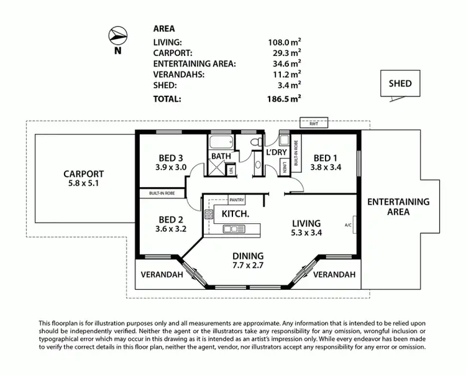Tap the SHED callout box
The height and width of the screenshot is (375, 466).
400,83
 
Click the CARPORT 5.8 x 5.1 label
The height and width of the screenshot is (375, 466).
83,179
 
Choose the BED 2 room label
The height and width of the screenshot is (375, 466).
171,224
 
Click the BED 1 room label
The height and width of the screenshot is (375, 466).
326,162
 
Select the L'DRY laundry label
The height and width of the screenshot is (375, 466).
275,153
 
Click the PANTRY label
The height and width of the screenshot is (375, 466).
237,200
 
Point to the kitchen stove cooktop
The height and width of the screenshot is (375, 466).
209,215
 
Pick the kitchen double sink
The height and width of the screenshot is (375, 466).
234,229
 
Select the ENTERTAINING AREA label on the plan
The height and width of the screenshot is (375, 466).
398,206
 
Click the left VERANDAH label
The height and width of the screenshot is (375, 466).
157,274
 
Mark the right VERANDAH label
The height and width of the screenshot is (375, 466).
334,274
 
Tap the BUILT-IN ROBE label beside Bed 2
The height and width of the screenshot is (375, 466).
162,193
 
